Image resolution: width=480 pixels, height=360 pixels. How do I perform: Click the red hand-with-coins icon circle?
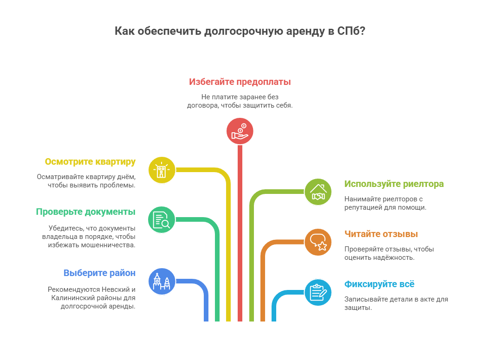(x=240, y=131)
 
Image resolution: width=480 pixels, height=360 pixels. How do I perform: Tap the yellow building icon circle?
(x=162, y=170)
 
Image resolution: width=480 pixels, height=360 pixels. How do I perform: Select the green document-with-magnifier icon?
(x=162, y=219)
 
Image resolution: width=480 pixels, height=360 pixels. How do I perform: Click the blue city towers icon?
(x=162, y=281)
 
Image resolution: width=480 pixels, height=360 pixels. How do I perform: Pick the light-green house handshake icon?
(x=318, y=192)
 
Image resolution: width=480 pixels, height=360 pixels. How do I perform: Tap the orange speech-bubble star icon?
(x=318, y=242)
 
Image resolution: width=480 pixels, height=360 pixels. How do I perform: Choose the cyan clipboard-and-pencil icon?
(x=318, y=292)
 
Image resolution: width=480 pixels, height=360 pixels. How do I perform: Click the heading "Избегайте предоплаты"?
(x=240, y=82)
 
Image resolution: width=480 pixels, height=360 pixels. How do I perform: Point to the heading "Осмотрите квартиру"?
(x=90, y=162)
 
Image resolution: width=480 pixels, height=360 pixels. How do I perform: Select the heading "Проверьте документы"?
(x=85, y=212)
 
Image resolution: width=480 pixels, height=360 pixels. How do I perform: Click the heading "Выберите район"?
(x=99, y=273)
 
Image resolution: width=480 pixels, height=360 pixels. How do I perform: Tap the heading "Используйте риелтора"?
(x=394, y=184)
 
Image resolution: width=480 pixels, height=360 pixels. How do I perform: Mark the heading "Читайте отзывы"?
(x=381, y=234)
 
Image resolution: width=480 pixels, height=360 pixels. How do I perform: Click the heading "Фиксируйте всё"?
(x=379, y=284)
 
